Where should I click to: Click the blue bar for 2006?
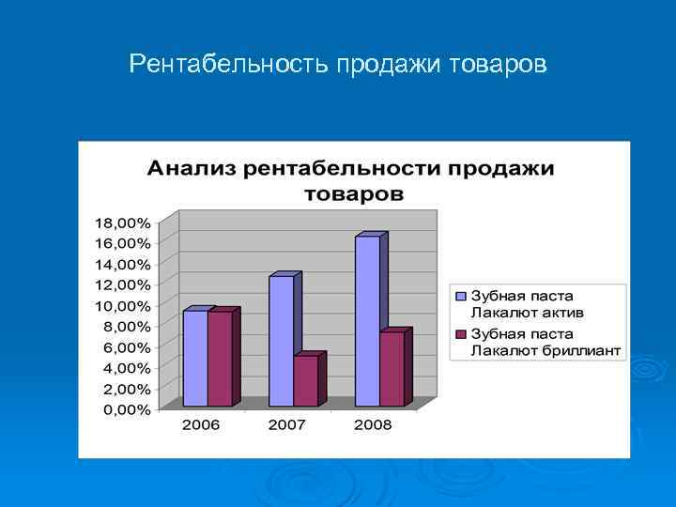click(194, 359)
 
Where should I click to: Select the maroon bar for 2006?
click(220, 359)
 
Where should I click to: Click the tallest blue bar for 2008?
click(367, 321)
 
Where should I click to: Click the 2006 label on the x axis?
click(201, 425)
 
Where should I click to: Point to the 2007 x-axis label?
click(287, 425)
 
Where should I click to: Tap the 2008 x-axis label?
click(373, 425)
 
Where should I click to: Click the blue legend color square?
click(461, 297)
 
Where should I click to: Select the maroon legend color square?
click(461, 334)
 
